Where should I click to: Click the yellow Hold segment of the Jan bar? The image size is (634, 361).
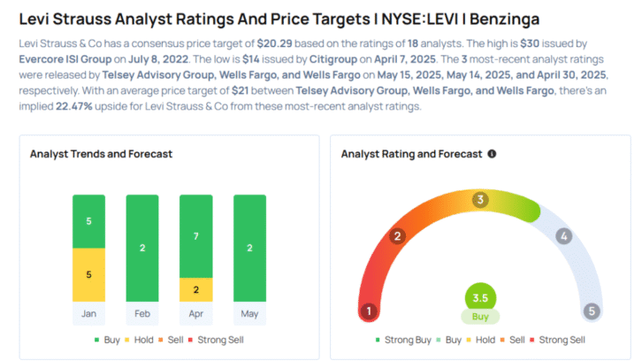coord(88,274)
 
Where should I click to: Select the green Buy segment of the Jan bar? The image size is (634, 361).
coord(88,221)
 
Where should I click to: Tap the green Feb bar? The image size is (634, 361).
coord(142,248)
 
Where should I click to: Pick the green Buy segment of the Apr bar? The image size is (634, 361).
coord(195,235)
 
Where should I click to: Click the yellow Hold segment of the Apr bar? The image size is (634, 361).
coord(195,289)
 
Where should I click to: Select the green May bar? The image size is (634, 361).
coord(249,248)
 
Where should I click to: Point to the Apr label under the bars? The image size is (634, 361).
coord(195,313)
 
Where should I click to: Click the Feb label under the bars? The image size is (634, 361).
coord(142,313)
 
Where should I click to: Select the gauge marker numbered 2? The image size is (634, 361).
coord(398,235)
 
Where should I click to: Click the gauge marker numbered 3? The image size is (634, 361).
coord(480,200)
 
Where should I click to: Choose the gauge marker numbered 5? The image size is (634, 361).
coord(592,311)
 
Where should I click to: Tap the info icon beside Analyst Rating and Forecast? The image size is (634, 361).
coord(492,154)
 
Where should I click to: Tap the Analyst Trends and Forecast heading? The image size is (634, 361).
coord(101,154)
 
